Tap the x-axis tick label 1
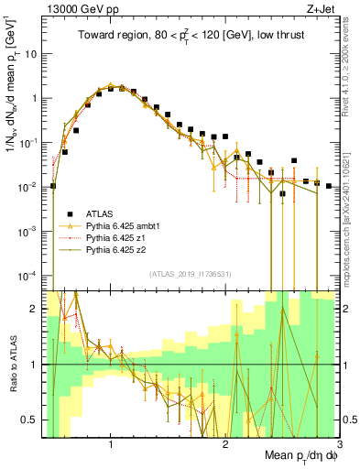111,445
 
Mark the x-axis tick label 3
339,445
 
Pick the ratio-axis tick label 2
34,309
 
